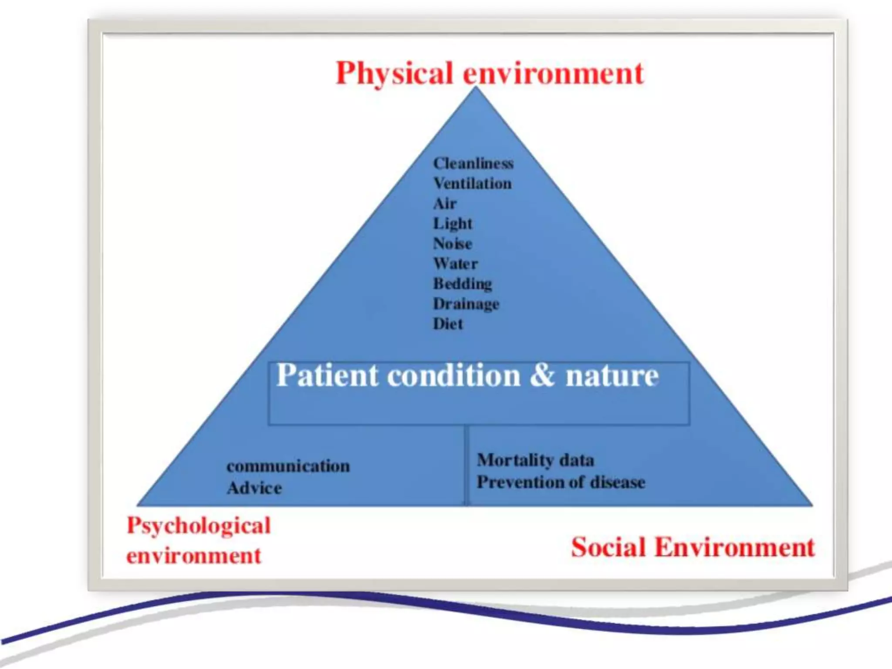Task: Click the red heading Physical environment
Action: tap(489, 73)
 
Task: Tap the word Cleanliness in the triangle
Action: tap(473, 164)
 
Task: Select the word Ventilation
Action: tap(472, 184)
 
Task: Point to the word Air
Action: tap(444, 204)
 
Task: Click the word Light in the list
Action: tap(452, 224)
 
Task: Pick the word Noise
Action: tap(452, 244)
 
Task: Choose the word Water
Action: tap(455, 264)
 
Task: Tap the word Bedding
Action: tap(462, 284)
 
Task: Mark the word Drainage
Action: tap(466, 304)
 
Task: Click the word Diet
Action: tap(447, 324)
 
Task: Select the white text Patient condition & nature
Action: tap(467, 375)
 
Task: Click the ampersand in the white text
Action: tap(542, 375)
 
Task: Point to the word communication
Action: tap(288, 466)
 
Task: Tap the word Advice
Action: tap(254, 488)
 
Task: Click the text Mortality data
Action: tap(535, 460)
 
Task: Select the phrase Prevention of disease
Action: tap(561, 483)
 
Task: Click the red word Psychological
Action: tap(199, 526)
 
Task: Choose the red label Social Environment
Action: tap(693, 547)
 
